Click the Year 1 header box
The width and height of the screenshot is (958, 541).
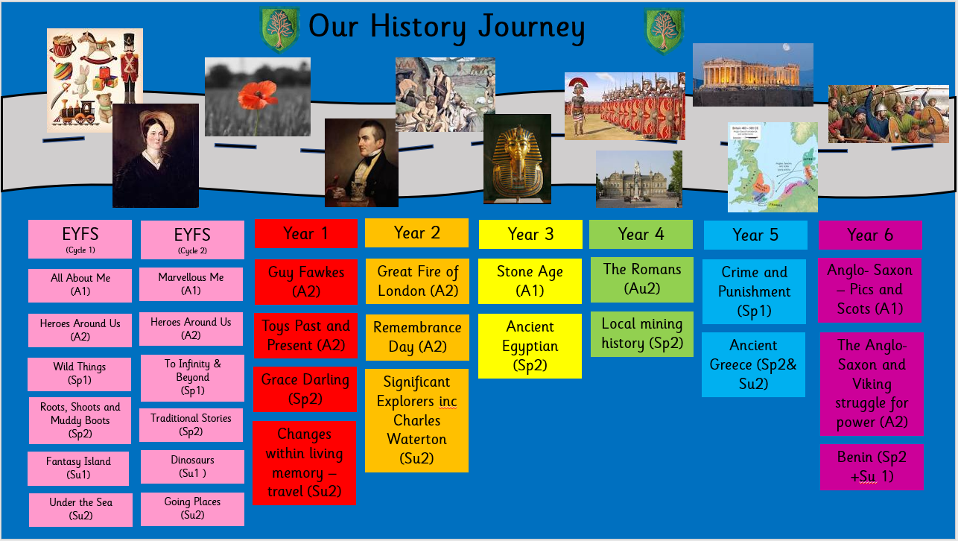[x=305, y=233]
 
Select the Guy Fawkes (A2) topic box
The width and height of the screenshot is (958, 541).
[x=305, y=282]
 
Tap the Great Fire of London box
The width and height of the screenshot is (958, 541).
[x=417, y=282]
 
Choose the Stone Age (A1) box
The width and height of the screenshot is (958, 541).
[x=530, y=282]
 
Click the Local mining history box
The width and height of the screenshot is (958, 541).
[x=642, y=334]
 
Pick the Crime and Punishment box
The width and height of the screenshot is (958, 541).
[x=754, y=291]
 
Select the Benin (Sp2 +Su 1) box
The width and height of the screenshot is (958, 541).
[x=872, y=467]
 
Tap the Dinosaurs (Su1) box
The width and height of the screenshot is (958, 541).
[x=192, y=466]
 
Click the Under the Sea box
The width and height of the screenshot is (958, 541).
[x=81, y=510]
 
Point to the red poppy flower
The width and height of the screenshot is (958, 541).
[x=257, y=95]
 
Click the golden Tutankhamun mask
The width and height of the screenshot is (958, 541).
[x=518, y=163]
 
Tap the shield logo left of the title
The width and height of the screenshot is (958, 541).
[x=279, y=30]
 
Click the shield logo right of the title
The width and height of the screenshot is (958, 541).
[x=664, y=31]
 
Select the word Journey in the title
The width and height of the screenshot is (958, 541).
[x=531, y=28]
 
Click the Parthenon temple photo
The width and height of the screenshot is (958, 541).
[x=752, y=75]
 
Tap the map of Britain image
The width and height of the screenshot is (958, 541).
[x=773, y=167]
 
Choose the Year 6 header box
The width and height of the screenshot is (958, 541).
[x=870, y=235]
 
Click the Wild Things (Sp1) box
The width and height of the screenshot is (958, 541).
[x=80, y=374]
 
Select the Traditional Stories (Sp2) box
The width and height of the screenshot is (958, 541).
[x=191, y=425]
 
